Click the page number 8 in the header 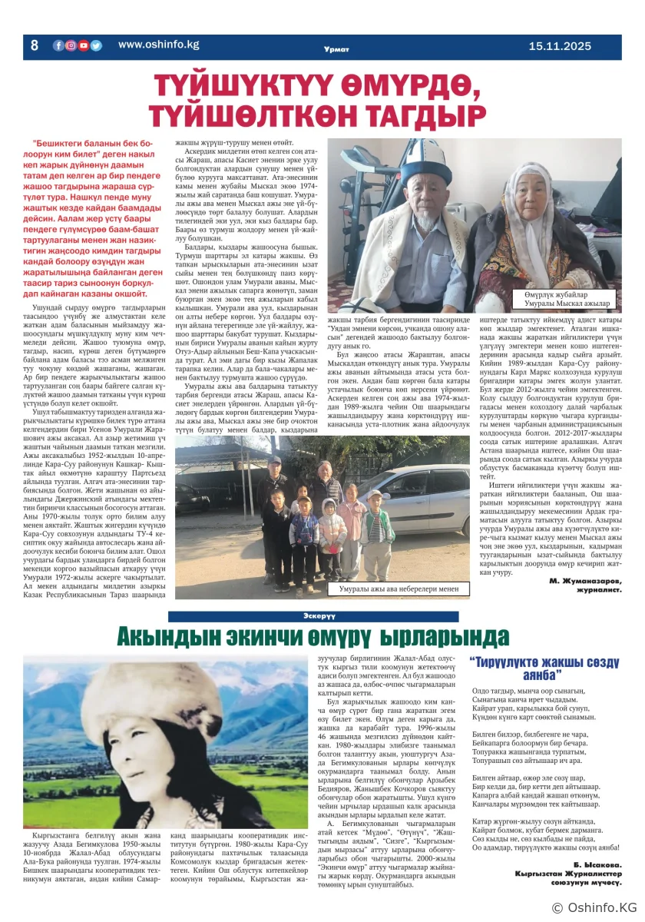coord(34,45)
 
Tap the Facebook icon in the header coord(58,45)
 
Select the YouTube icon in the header coord(83,45)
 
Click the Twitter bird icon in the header coord(96,45)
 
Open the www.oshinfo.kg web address coord(158,45)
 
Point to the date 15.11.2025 coord(560,46)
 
